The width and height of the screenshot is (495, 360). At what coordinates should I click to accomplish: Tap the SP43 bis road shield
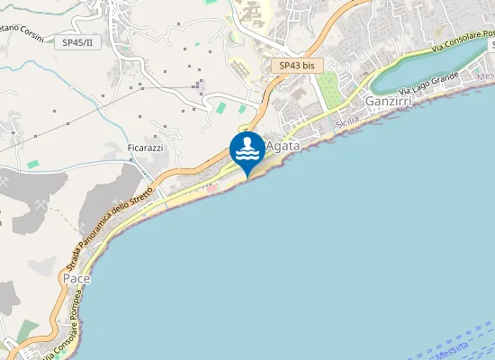(x=296, y=66)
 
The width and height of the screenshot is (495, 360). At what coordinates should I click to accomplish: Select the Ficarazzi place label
(x=145, y=147)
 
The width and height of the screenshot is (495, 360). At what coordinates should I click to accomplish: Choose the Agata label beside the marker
(x=283, y=144)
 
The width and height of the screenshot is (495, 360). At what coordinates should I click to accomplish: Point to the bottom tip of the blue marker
(x=247, y=176)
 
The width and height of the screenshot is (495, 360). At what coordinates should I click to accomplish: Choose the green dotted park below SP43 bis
(x=328, y=90)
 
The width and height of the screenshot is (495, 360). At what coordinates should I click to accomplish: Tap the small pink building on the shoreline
(x=212, y=188)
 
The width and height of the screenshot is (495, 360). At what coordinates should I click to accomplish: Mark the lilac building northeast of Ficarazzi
(x=202, y=85)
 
